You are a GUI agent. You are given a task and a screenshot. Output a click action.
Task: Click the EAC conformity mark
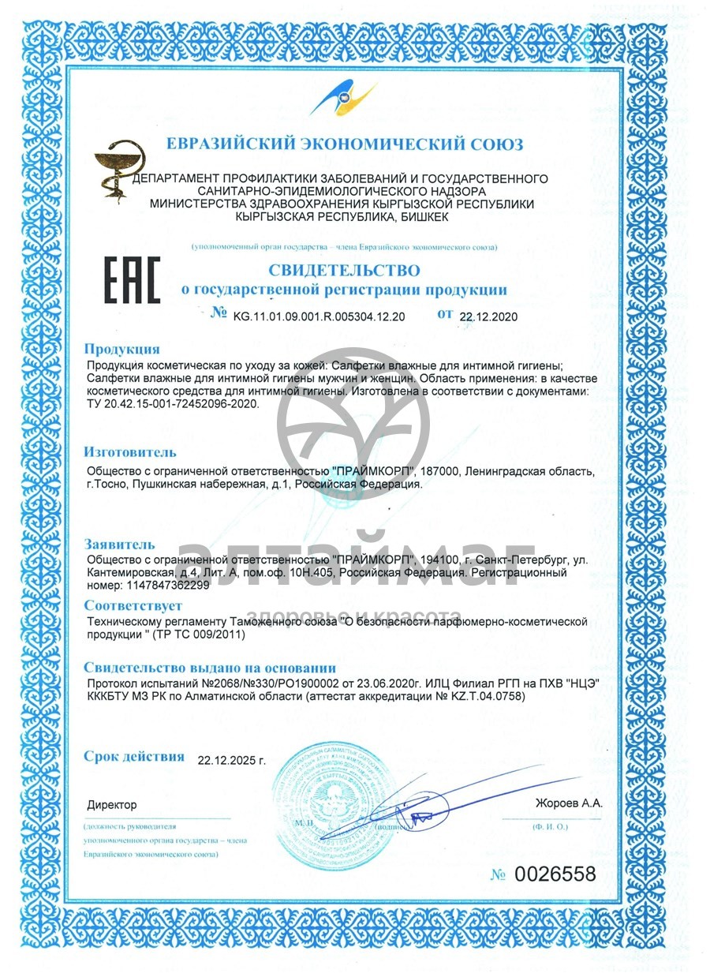coord(133,280)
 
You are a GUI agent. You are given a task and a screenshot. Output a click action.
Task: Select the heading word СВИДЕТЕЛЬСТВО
coord(343,271)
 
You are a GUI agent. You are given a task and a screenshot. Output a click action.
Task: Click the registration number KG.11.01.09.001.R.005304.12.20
coord(319,316)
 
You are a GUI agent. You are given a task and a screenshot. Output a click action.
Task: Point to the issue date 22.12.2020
coord(488,316)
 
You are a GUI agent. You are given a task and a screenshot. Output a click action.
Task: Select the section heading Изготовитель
coord(130,452)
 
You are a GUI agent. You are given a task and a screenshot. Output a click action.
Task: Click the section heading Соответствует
coord(133,605)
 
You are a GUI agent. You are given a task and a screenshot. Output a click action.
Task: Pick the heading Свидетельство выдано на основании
coord(210,667)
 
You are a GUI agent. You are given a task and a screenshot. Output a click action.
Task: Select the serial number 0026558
coord(555,874)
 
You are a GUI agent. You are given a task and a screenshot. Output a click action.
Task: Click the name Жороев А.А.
coord(568,803)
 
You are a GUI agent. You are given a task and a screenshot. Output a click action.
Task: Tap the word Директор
coord(111,805)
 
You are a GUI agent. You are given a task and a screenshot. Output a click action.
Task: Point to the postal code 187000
coord(438,471)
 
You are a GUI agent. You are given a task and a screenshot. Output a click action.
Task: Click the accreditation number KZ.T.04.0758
coord(478,698)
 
